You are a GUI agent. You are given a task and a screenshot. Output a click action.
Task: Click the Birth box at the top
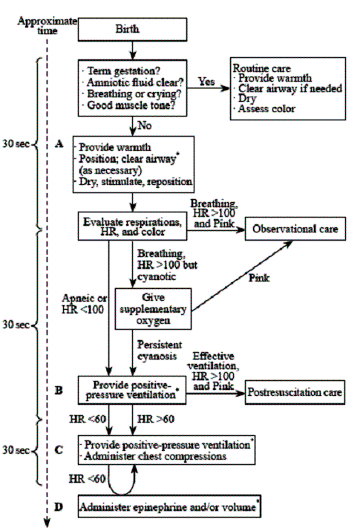point(132,30)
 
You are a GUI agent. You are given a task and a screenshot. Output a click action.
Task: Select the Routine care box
point(288,88)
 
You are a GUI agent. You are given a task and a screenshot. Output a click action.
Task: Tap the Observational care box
point(295,229)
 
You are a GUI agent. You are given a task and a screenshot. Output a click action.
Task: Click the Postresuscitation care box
point(295,392)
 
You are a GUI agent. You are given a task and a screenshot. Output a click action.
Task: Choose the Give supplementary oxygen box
point(153,309)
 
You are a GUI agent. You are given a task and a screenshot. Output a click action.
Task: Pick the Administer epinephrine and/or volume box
point(169,506)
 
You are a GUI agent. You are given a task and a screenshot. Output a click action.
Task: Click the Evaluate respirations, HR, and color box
point(132,227)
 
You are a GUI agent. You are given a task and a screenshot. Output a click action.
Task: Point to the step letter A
point(59,144)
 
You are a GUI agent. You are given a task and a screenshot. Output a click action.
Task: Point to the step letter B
point(59,391)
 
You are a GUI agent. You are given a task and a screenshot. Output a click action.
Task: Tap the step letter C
point(59,450)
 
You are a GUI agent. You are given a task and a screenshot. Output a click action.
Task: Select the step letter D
point(59,507)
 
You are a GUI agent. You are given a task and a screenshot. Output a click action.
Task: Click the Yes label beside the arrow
point(206,82)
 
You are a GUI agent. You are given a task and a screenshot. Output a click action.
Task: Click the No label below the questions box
point(145,126)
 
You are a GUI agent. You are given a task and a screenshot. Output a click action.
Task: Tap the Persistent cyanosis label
point(160,351)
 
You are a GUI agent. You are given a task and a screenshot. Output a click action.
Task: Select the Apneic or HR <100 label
point(85,304)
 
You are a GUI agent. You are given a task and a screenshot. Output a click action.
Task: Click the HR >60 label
point(156,420)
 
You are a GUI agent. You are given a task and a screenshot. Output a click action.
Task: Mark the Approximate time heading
point(48,26)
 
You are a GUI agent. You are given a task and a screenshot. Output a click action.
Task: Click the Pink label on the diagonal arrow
point(259,278)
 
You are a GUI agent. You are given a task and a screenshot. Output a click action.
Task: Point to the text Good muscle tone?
point(131,105)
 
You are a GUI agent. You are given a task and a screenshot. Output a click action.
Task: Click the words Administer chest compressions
point(155,456)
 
